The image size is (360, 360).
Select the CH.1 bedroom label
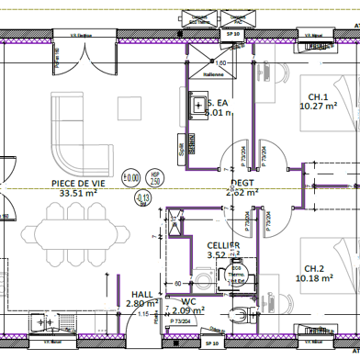(x=318, y=96)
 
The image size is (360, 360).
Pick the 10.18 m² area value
(x=313, y=278)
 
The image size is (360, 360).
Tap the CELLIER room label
(x=222, y=245)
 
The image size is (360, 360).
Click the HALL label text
(x=141, y=293)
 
